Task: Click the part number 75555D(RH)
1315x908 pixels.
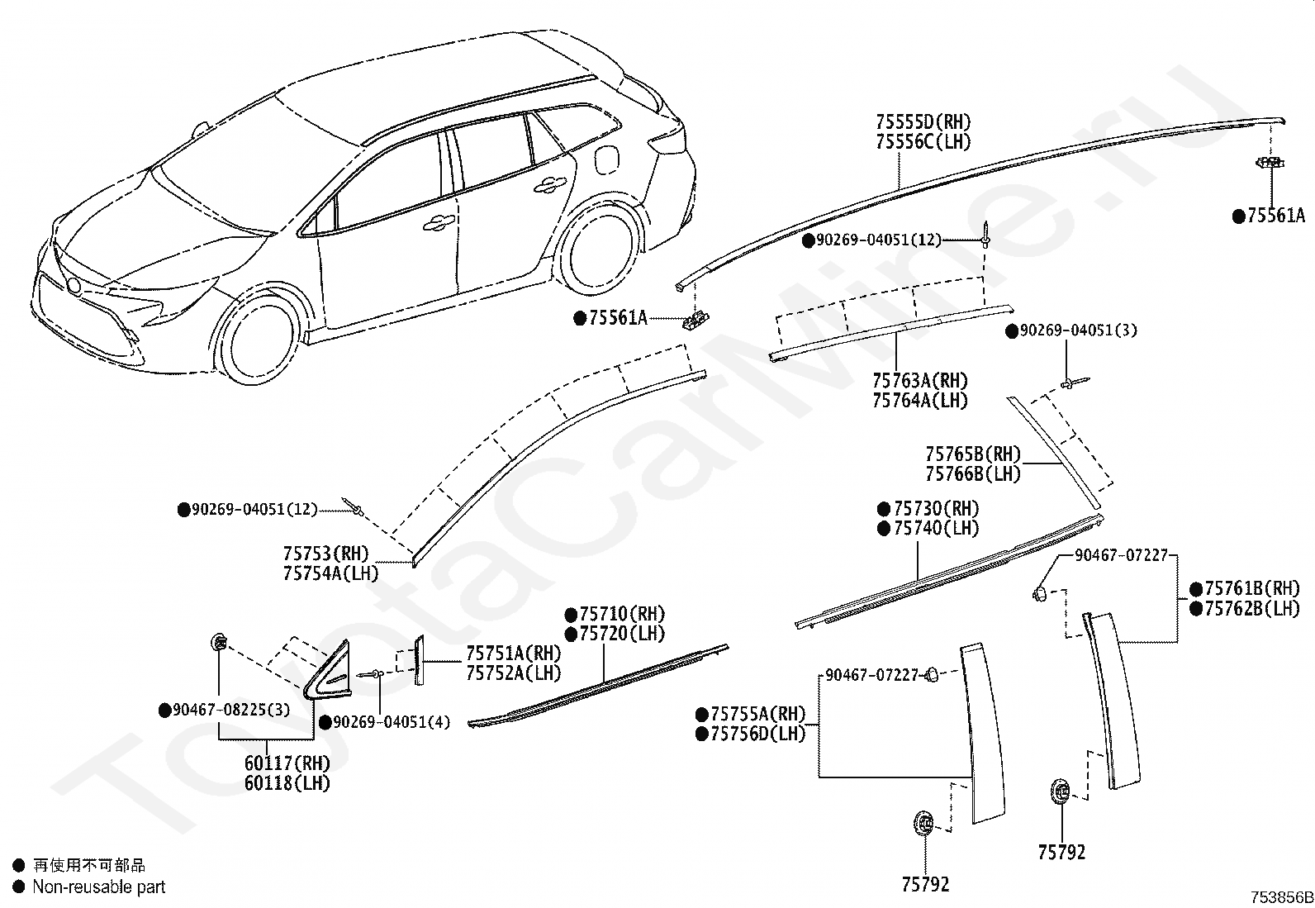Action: (x=923, y=123)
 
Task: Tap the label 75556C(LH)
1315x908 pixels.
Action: (x=923, y=142)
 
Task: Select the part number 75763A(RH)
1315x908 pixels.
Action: (x=919, y=382)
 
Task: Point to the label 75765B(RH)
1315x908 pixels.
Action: (x=972, y=454)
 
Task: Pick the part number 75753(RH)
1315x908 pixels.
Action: (x=326, y=554)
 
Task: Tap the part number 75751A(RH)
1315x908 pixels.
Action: (x=513, y=654)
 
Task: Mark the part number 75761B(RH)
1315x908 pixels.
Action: (x=1251, y=589)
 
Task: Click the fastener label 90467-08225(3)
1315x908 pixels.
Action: (x=230, y=710)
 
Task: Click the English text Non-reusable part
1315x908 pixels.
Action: (x=98, y=887)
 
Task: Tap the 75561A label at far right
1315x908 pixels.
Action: (x=1275, y=216)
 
